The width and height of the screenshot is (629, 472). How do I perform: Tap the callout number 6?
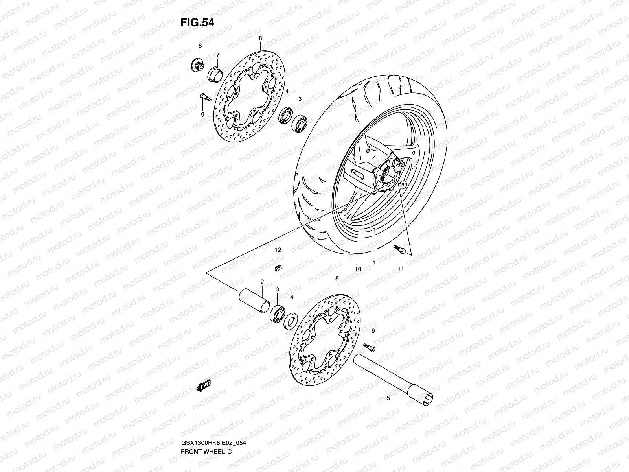point(200,46)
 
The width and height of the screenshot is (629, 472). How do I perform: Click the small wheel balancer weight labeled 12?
point(278,268)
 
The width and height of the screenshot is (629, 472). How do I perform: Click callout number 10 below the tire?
point(358,269)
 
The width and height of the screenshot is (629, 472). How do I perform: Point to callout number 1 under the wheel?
point(373,262)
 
